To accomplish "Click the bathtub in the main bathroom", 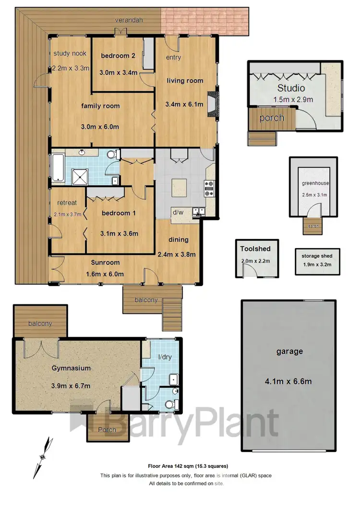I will (x=58, y=168).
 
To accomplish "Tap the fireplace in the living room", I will (x=214, y=103).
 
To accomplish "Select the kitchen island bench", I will (x=180, y=187).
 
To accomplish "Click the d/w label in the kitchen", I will (x=179, y=212).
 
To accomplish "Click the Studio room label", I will (x=291, y=88).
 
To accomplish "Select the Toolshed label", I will (x=256, y=249).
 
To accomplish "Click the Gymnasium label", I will (x=72, y=369).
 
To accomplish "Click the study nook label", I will (x=70, y=54).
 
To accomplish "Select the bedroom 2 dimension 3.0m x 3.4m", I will (x=119, y=73).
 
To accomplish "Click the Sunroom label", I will (x=105, y=262).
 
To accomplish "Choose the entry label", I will (x=173, y=58).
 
